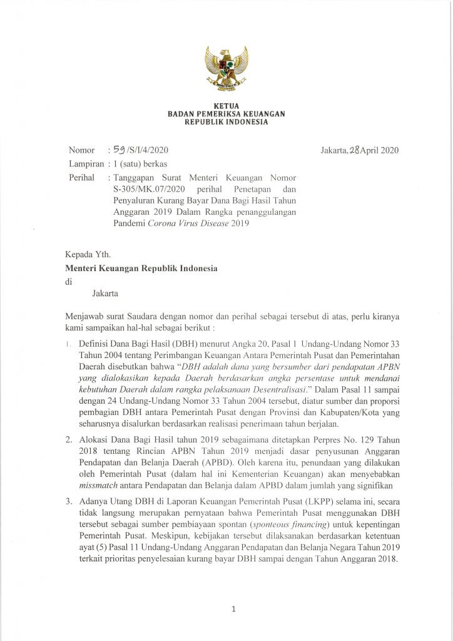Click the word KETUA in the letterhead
tap(227, 106)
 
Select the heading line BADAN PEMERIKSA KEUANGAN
tap(227, 114)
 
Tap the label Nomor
tap(81, 150)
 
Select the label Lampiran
tap(86, 164)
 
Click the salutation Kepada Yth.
tap(88, 255)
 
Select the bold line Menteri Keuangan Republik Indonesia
tap(141, 268)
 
